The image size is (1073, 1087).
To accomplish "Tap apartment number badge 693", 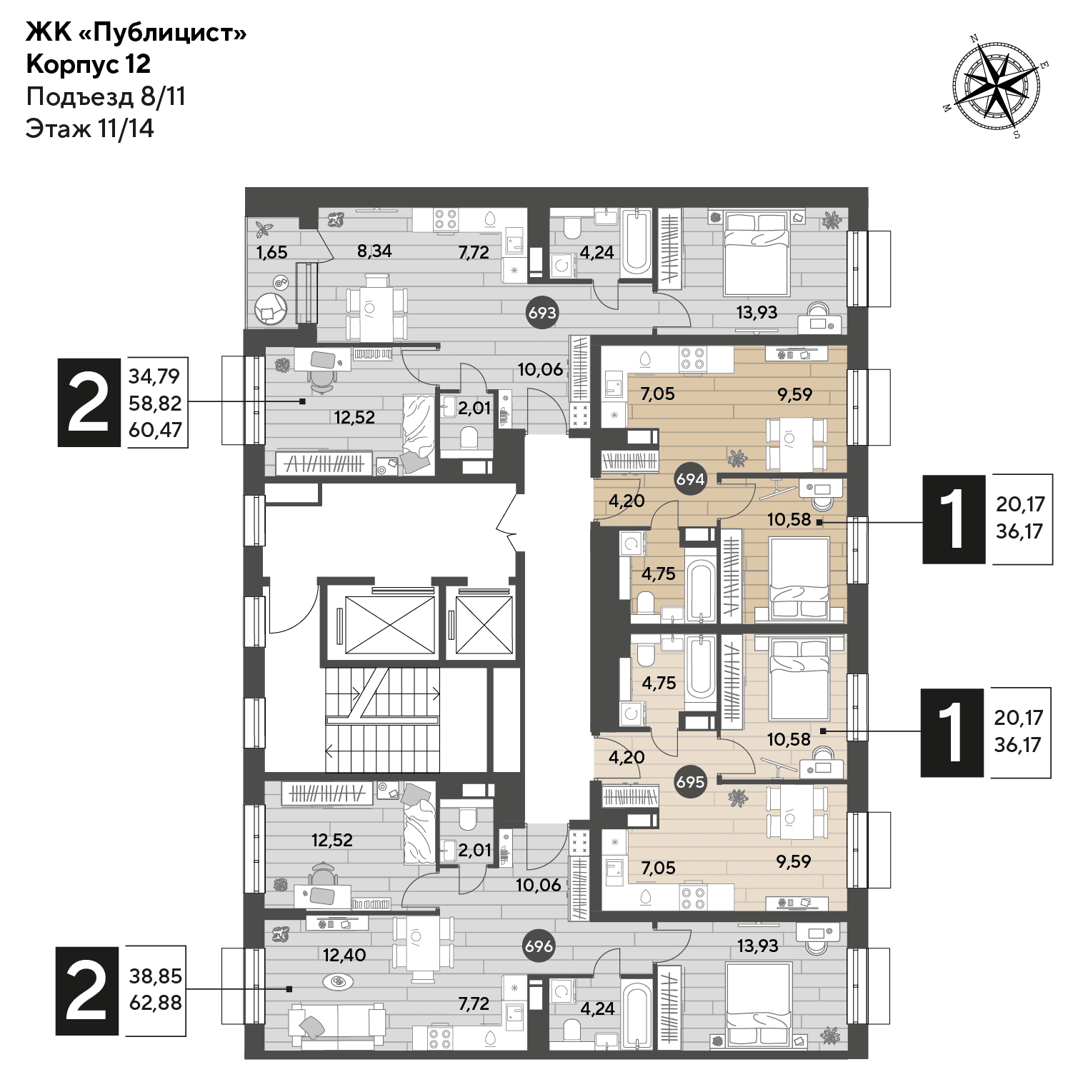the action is click(542, 313).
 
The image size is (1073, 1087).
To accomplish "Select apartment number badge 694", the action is click(691, 479).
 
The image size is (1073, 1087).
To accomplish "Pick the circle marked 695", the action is click(690, 782).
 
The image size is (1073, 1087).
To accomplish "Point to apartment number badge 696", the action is click(539, 946).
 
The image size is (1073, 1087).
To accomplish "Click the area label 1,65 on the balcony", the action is click(271, 251).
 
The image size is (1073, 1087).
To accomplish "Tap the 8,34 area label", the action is click(375, 251).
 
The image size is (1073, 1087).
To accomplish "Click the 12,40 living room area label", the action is click(344, 955).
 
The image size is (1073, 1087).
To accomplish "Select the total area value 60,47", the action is click(155, 430).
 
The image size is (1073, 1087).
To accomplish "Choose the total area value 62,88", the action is click(155, 1003).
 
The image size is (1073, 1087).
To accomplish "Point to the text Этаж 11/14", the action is click(90, 129).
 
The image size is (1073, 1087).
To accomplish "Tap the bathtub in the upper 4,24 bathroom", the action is click(636, 243).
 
